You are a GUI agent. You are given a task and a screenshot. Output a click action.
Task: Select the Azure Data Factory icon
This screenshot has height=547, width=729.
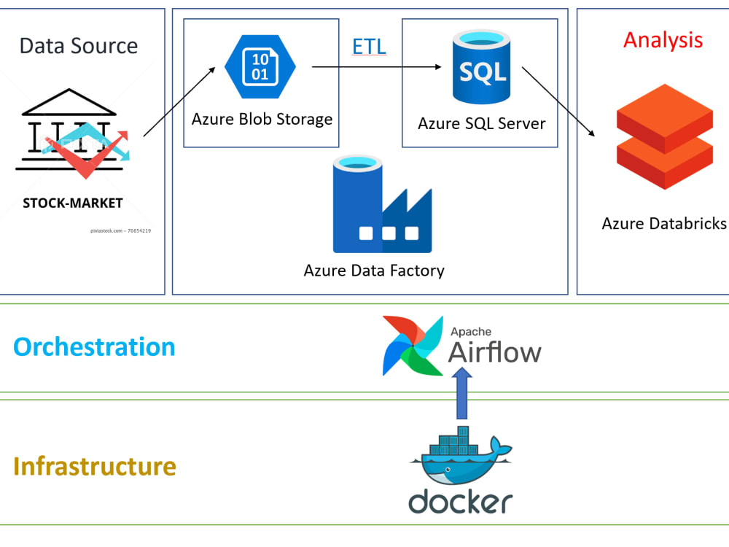(382, 205)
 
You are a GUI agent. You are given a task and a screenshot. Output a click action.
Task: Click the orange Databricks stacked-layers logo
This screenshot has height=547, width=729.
(664, 137)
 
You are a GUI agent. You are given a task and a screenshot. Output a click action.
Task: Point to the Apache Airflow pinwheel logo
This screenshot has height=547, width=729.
(413, 346)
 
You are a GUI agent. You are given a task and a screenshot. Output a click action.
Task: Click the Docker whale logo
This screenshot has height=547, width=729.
(461, 460)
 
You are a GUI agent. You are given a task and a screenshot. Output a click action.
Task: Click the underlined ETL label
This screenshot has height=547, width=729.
(369, 47)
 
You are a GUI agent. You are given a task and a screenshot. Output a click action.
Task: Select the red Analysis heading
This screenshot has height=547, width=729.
(663, 39)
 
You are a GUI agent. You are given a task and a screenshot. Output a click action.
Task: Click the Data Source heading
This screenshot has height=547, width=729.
(78, 46)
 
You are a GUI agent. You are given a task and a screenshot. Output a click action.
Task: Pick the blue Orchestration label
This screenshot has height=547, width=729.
(94, 346)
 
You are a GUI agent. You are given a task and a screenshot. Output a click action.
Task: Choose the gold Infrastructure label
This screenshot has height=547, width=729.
(94, 466)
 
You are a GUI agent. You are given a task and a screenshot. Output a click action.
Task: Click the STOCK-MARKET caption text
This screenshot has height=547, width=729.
(73, 203)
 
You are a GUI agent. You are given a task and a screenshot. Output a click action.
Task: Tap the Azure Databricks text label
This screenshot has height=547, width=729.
(664, 223)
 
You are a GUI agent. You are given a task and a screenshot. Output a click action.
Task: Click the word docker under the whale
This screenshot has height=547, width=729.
(460, 502)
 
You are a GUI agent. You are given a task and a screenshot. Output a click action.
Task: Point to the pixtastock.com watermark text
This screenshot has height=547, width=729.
(121, 230)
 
